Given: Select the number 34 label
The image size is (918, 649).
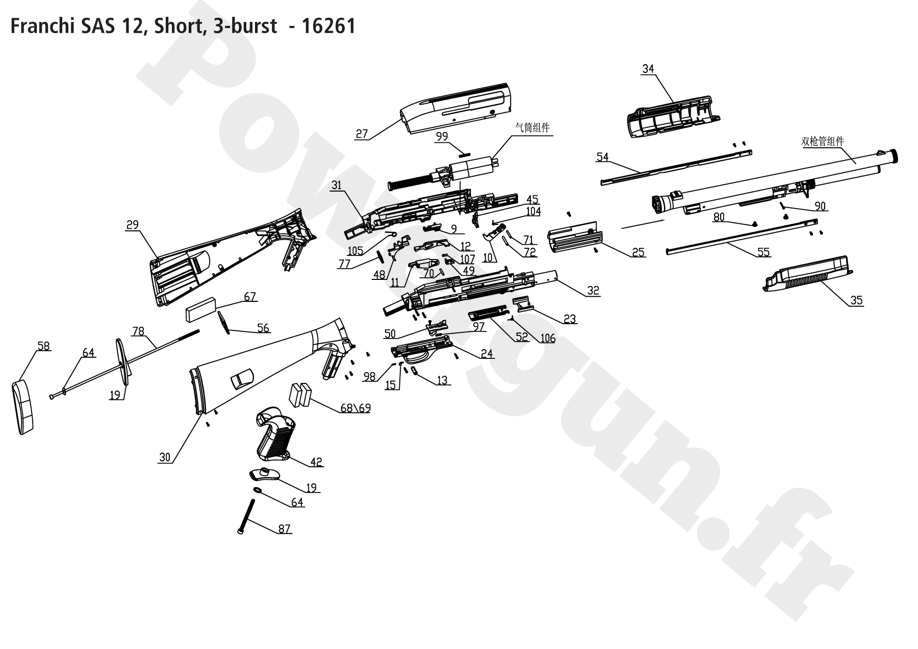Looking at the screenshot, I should (648, 69).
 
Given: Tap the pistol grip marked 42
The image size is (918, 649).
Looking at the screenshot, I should (275, 433).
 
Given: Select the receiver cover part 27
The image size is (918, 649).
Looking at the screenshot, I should (456, 107).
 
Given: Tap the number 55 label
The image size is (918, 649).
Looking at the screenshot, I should (763, 252).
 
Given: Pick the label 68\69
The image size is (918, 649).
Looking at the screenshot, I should (355, 408).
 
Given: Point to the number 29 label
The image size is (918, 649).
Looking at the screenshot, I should (132, 225).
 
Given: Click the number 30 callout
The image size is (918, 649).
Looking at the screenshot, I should (165, 457).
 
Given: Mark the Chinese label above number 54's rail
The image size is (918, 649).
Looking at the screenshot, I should (822, 142).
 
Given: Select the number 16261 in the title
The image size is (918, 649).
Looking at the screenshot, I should (328, 26).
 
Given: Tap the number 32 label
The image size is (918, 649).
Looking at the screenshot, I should (593, 291).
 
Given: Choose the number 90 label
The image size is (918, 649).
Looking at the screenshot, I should (820, 206).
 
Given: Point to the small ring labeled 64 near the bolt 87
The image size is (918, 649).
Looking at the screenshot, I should (258, 490).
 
